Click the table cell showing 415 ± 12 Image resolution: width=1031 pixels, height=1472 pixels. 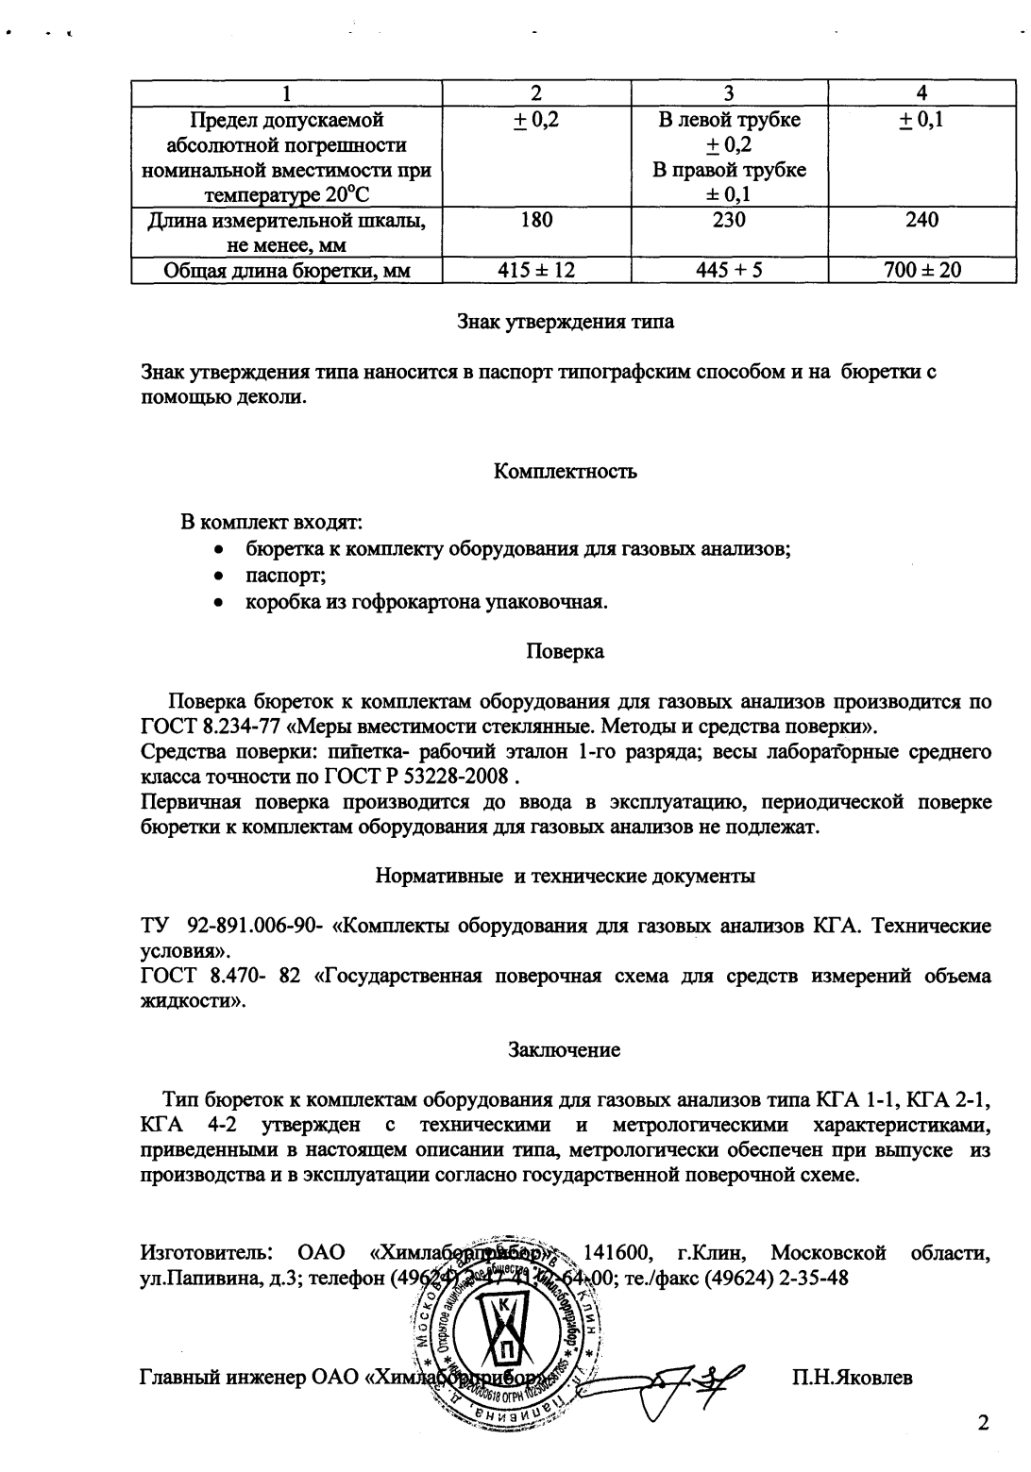click(536, 270)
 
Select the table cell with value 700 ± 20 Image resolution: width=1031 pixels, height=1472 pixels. click(921, 270)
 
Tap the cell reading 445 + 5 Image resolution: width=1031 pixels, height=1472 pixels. click(730, 270)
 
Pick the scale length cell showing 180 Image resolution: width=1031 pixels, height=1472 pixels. click(536, 221)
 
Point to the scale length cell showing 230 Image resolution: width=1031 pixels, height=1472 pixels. click(730, 221)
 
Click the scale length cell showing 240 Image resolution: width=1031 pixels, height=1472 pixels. click(921, 221)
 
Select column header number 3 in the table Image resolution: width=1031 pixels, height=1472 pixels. click(730, 92)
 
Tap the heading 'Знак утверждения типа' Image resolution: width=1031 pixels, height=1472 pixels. click(566, 321)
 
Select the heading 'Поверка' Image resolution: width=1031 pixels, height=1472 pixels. click(566, 651)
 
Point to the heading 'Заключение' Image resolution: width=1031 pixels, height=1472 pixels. click(566, 1049)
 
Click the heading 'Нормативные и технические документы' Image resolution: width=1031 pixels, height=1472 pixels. click(566, 876)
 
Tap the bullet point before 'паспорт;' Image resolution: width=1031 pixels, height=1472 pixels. click(219, 575)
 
